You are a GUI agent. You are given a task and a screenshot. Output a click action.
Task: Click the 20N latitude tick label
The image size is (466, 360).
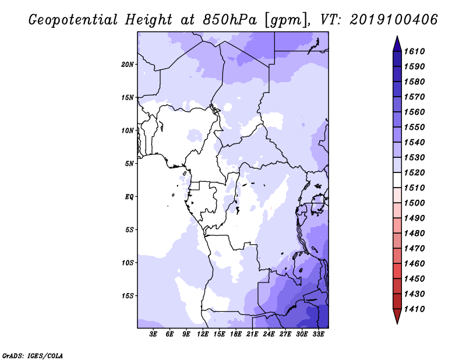[x=128, y=65]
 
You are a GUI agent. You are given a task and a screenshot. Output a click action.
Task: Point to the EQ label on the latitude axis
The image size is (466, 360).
[x=129, y=197]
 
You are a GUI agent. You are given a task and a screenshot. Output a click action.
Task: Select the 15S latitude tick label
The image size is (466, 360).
[x=128, y=296]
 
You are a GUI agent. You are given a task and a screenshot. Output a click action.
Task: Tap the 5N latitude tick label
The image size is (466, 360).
[x=129, y=164]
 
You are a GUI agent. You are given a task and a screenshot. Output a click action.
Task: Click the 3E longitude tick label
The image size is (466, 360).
[x=153, y=334]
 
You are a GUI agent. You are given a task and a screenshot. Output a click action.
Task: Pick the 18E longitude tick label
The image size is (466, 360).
[x=236, y=334]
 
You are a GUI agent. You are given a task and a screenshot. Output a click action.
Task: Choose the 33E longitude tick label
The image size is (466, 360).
[x=318, y=334]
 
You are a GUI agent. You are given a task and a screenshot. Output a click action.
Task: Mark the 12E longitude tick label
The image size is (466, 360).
[x=203, y=334]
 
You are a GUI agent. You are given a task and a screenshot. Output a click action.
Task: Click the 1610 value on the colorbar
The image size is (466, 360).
[x=414, y=51]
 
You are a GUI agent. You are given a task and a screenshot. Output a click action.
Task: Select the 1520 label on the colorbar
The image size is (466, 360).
[x=414, y=172]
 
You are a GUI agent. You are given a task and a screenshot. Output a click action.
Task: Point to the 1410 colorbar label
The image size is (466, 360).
[x=414, y=309]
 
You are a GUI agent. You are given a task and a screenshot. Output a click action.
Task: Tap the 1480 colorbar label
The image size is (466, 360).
[x=414, y=234]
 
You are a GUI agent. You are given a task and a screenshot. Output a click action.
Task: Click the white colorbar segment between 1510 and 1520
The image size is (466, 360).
[x=397, y=180]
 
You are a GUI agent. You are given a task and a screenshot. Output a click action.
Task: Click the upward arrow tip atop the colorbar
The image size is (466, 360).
[x=397, y=36]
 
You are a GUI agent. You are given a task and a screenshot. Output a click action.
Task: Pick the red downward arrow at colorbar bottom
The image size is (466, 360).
[x=397, y=316]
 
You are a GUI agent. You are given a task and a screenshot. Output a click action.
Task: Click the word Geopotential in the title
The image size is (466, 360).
[x=73, y=20]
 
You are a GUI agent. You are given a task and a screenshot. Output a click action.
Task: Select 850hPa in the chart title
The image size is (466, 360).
[x=230, y=20]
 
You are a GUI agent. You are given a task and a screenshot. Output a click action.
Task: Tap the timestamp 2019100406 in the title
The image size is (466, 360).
[x=394, y=20]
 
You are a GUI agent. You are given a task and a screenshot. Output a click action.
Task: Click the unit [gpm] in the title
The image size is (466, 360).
[x=285, y=20]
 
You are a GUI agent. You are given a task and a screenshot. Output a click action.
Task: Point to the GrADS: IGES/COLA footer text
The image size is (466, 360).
[x=33, y=356]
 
